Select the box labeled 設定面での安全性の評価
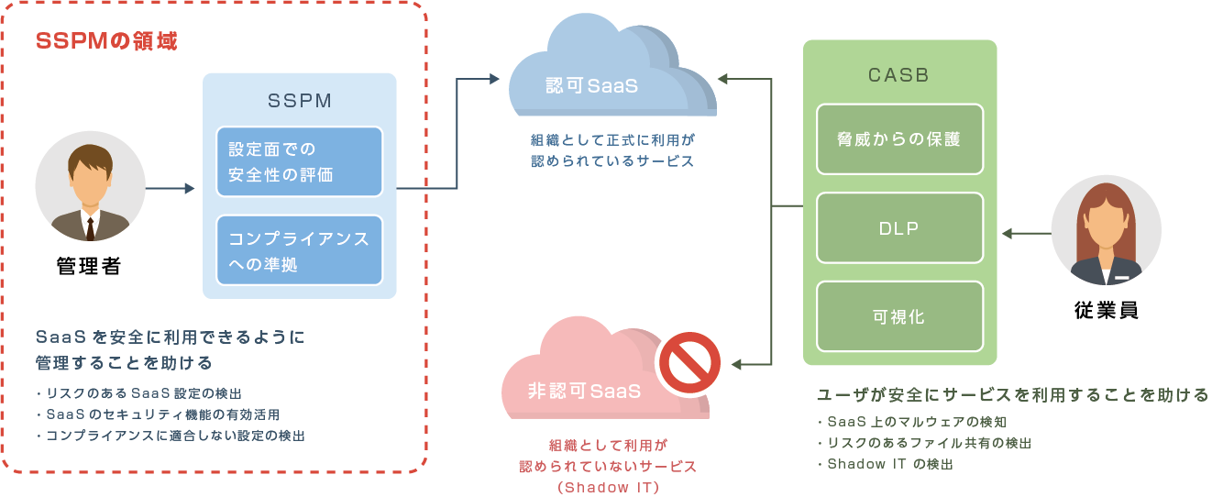click(x=299, y=161)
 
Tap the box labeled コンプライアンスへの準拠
click(x=299, y=250)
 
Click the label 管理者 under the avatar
click(x=89, y=267)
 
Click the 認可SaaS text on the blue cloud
click(x=591, y=86)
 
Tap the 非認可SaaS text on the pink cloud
click(x=584, y=391)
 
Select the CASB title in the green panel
click(x=898, y=76)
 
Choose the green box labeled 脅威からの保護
click(x=899, y=139)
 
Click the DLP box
click(x=899, y=228)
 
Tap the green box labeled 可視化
click(x=899, y=317)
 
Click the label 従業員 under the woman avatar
click(x=1106, y=311)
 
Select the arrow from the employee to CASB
click(x=1025, y=233)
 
